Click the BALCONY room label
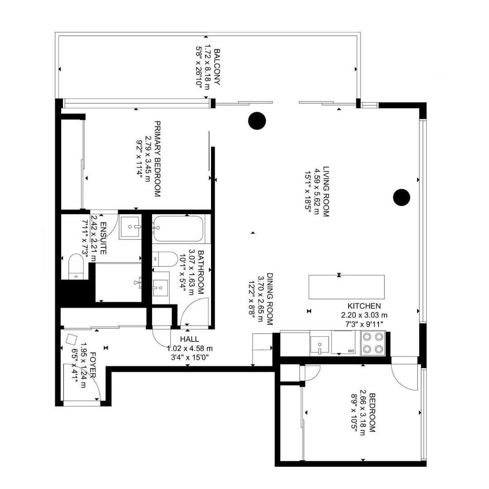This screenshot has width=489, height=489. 217,68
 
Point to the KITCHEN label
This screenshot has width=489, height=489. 364,307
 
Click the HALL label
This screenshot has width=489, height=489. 189,339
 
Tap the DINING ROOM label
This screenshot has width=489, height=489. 269,299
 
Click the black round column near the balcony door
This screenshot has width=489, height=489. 257,120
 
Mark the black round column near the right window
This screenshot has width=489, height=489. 401,197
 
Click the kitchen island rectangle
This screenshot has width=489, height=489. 347,287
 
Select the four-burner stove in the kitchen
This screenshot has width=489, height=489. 373,343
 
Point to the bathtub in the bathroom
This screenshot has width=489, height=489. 178,228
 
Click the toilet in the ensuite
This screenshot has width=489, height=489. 76,266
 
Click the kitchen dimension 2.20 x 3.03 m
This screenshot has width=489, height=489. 364,315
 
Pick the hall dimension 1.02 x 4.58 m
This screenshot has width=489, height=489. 190,348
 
